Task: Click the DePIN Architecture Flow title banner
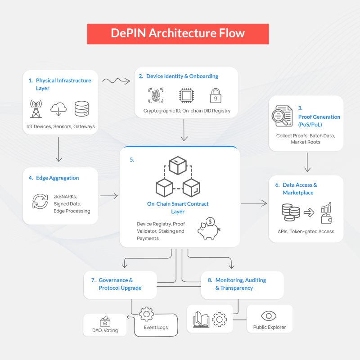point(178,34)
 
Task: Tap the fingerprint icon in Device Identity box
point(156,95)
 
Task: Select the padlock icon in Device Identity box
point(214,95)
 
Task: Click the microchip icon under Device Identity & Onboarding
point(185,95)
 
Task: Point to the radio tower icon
point(36,108)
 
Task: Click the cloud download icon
point(59,108)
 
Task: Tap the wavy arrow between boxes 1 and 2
point(116,81)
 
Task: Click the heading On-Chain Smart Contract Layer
point(178,207)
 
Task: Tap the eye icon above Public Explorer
point(269,315)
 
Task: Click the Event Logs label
point(156,328)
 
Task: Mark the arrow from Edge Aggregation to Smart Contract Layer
point(108,196)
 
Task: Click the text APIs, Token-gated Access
point(306,232)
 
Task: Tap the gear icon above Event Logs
point(147,314)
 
